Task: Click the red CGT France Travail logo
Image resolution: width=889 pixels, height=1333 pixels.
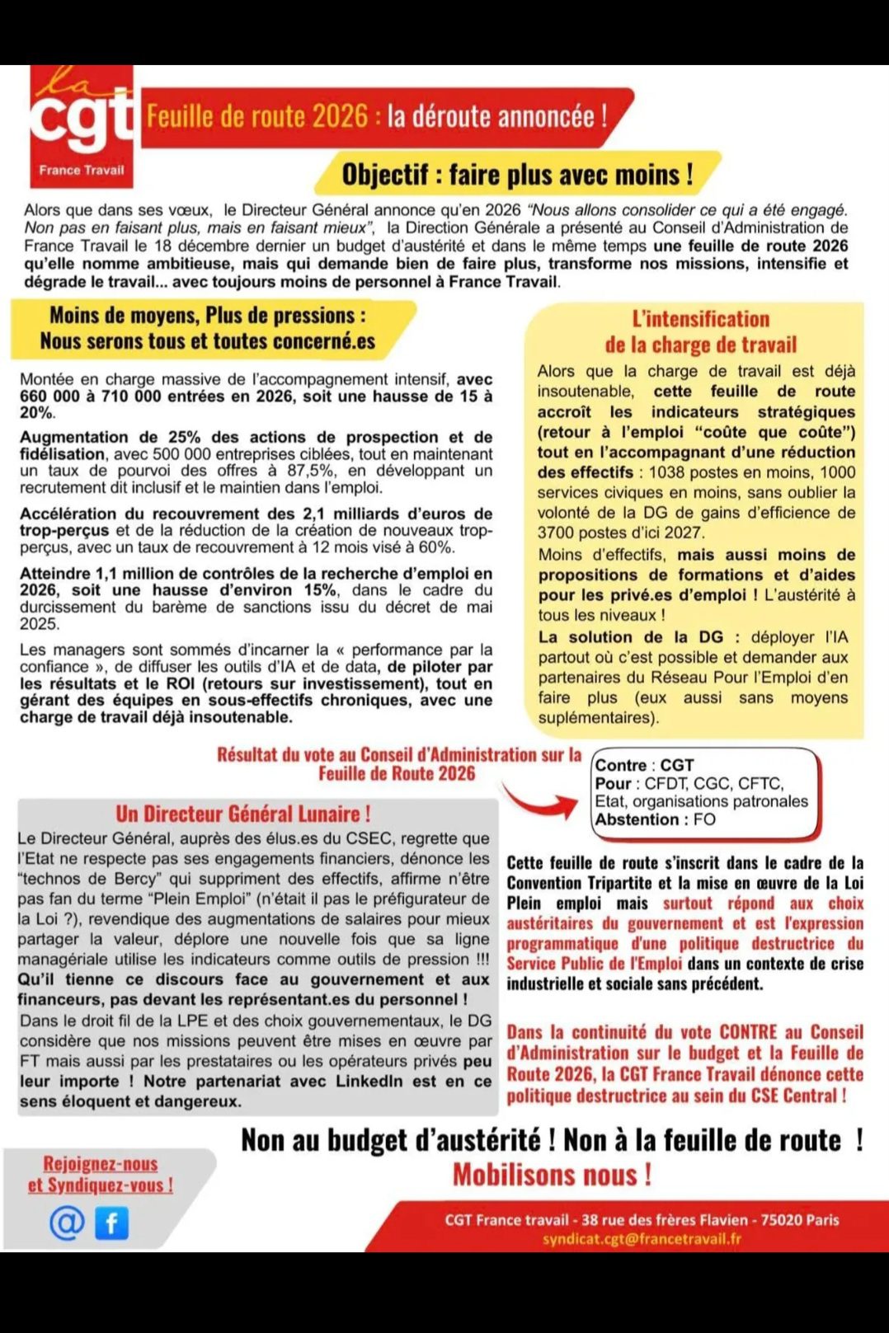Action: click(82, 126)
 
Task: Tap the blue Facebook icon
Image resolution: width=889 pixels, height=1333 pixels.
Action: click(112, 1223)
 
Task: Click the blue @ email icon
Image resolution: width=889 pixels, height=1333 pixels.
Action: click(67, 1223)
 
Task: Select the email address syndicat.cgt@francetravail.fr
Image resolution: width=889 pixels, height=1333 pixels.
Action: click(641, 1238)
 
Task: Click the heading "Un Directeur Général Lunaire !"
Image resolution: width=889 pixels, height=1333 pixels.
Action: click(242, 814)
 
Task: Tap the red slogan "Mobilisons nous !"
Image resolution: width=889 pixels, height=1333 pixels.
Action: click(552, 1174)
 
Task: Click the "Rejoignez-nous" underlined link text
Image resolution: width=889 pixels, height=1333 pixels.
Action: click(100, 1163)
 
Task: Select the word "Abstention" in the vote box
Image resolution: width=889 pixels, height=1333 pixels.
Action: click(637, 819)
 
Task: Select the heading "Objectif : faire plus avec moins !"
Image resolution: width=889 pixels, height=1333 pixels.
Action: click(517, 175)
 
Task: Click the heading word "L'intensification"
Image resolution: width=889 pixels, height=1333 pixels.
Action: click(700, 319)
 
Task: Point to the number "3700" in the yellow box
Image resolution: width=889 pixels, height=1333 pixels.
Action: click(560, 533)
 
